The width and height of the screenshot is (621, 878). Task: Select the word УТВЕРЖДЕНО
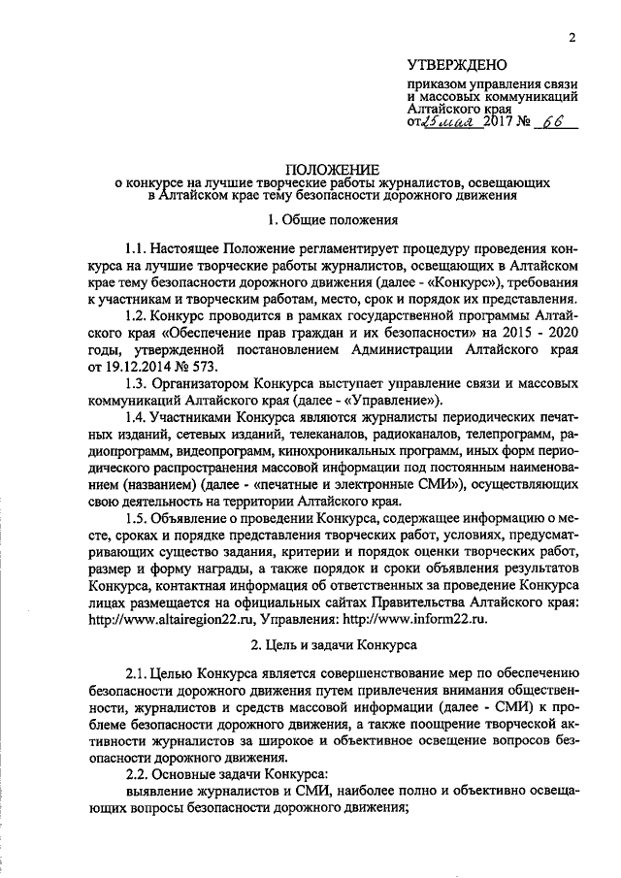click(x=457, y=66)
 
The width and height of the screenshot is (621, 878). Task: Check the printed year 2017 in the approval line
click(x=502, y=124)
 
